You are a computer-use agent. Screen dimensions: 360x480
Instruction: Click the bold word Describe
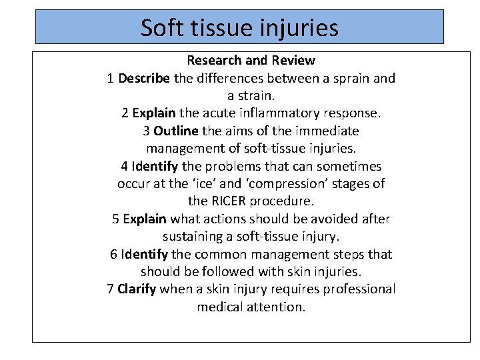pyautogui.click(x=143, y=79)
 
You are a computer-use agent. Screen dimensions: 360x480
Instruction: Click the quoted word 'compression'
pyautogui.click(x=286, y=183)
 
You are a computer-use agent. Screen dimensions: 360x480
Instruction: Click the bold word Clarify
pyautogui.click(x=136, y=289)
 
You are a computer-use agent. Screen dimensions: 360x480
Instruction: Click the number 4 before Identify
pyautogui.click(x=125, y=166)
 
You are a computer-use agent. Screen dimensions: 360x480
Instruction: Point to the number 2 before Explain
pyautogui.click(x=125, y=113)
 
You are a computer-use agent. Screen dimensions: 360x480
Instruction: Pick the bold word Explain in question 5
pyautogui.click(x=145, y=219)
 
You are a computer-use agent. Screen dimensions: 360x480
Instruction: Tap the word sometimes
pyautogui.click(x=349, y=166)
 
